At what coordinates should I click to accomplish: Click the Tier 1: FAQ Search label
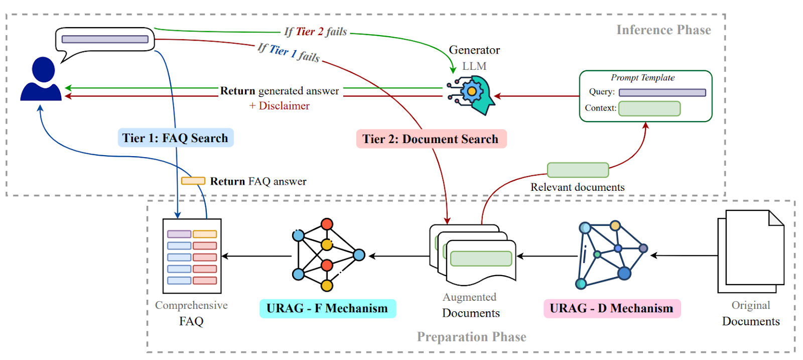point(175,138)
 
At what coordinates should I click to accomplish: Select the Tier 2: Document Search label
point(431,139)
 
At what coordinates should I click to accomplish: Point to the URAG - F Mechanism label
point(327,308)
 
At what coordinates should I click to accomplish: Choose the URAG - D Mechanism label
point(611,308)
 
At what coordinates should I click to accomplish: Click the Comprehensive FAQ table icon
point(192,256)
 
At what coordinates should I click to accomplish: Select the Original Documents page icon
point(751,251)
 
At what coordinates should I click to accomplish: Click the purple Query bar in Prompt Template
point(662,92)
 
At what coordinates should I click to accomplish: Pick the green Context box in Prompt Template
point(649,108)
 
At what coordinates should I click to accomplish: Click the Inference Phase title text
point(663,30)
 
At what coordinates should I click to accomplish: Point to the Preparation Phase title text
point(471,337)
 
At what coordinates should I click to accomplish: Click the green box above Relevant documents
point(578,170)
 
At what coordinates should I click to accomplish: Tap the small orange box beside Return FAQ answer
point(193,181)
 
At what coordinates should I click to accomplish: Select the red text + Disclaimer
point(280,106)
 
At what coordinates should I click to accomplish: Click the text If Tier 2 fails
point(316,32)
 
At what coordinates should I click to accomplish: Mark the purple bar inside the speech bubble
point(104,39)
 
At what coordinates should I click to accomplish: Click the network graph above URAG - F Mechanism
point(327,255)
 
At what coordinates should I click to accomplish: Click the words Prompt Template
point(642,78)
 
